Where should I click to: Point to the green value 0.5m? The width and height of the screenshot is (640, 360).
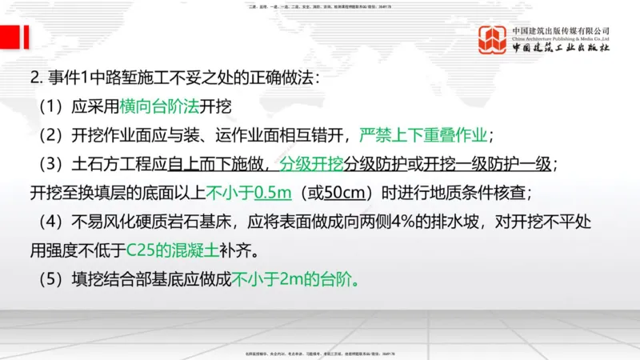pos(271,193)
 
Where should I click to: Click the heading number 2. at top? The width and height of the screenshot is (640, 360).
pos(34,78)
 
